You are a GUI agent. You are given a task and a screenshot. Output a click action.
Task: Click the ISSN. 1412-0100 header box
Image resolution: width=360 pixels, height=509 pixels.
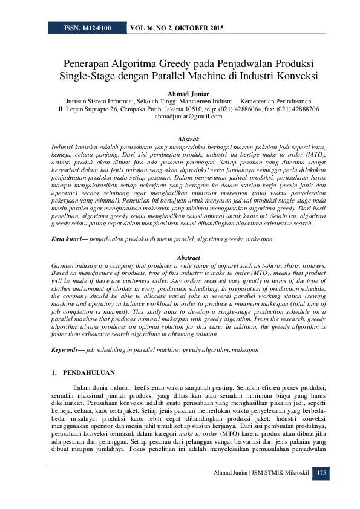click(87, 28)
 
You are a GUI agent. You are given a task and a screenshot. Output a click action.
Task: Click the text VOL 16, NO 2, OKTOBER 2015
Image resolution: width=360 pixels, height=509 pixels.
click(177, 28)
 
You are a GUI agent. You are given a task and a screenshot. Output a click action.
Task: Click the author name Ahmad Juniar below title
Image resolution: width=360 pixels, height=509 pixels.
click(180, 93)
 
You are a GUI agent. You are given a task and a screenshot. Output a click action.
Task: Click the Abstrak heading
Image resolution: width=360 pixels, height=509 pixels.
click(180, 140)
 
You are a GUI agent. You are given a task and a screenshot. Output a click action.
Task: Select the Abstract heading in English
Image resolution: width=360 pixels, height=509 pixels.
click(180, 258)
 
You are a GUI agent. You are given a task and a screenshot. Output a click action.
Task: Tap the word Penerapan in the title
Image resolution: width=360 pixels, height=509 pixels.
click(89, 63)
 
